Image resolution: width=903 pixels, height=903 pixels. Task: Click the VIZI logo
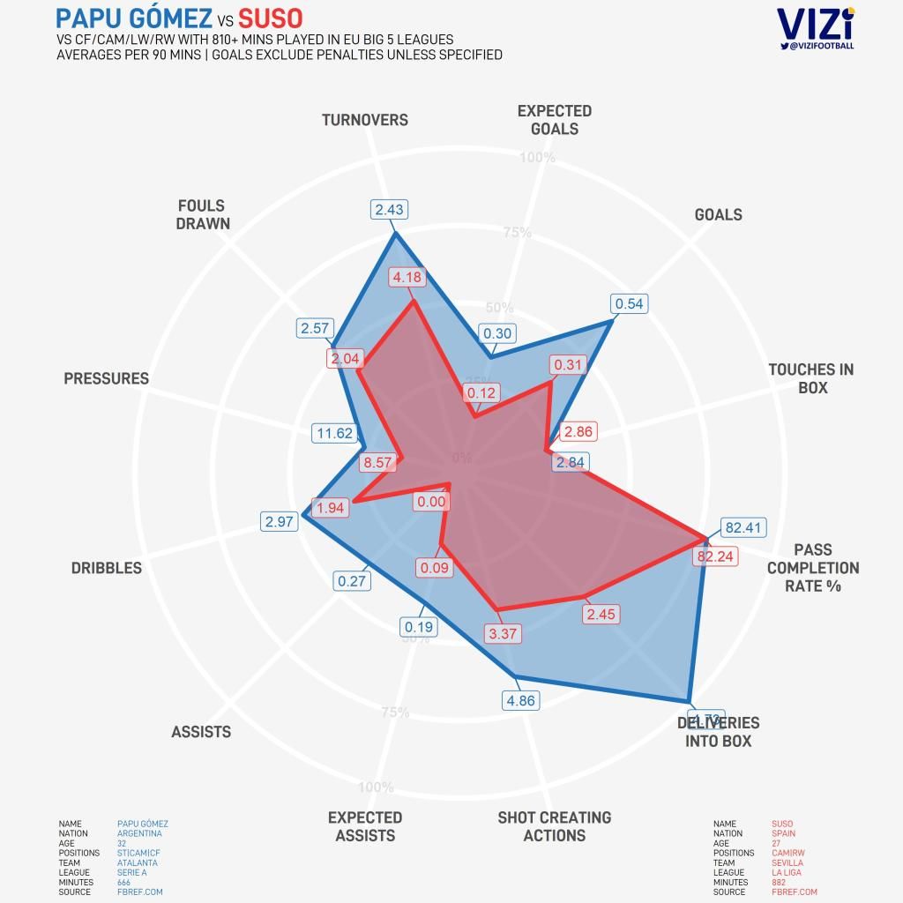815,24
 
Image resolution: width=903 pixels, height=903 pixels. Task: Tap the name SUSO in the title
271,18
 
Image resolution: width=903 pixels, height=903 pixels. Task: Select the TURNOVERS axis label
364,120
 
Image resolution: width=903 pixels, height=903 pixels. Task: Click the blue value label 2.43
389,209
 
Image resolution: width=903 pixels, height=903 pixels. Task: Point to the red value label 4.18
408,277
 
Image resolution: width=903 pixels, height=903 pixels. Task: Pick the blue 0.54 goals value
630,304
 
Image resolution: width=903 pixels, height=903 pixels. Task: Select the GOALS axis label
718,214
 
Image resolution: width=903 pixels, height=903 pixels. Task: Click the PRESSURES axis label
106,378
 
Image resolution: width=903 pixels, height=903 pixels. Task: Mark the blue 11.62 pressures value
334,433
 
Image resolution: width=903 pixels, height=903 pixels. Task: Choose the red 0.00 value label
432,502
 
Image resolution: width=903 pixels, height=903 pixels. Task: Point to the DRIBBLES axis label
106,568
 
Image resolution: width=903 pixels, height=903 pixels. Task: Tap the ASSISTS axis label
201,732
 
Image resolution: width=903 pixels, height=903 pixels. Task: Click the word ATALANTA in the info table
137,862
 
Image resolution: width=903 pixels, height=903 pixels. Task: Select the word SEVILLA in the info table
787,862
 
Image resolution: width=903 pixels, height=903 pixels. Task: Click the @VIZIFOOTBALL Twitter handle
821,45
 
